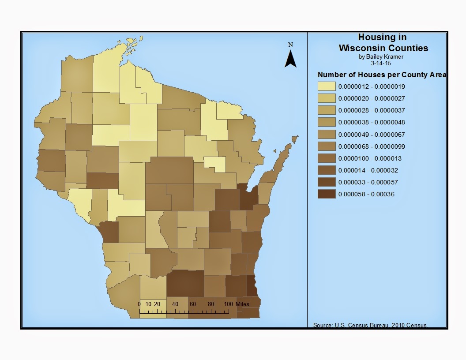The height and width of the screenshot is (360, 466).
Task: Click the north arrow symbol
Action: [290, 59]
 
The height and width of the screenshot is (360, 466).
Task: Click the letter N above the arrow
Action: [290, 45]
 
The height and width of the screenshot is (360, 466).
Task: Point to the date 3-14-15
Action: [382, 63]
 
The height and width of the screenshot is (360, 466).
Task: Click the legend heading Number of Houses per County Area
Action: [382, 75]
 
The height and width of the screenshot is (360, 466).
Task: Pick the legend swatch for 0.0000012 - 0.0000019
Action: [327, 86]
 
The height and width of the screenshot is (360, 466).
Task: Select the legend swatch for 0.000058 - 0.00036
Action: [327, 194]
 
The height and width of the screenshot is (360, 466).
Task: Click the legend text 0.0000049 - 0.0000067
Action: [372, 135]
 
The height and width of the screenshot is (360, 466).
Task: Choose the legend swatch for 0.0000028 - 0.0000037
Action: [327, 110]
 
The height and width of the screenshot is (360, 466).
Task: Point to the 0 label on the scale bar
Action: [139, 304]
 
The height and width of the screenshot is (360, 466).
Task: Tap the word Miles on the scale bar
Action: [242, 304]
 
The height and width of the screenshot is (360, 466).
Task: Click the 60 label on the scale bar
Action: [192, 304]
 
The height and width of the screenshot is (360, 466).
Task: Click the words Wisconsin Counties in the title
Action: [383, 48]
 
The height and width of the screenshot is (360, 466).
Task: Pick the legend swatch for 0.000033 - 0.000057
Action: [327, 182]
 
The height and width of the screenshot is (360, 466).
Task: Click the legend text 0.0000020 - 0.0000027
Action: [372, 98]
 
